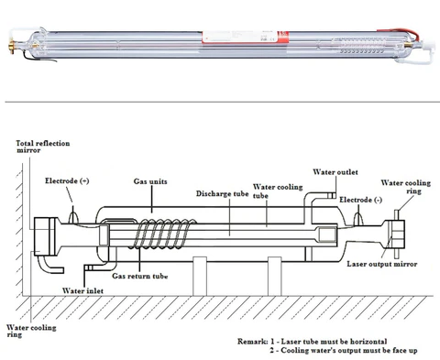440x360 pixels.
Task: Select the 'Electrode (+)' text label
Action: [67, 180]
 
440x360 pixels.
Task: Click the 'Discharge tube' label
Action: [222, 194]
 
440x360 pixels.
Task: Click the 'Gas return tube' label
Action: [144, 275]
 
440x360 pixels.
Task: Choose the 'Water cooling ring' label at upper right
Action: [405, 186]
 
